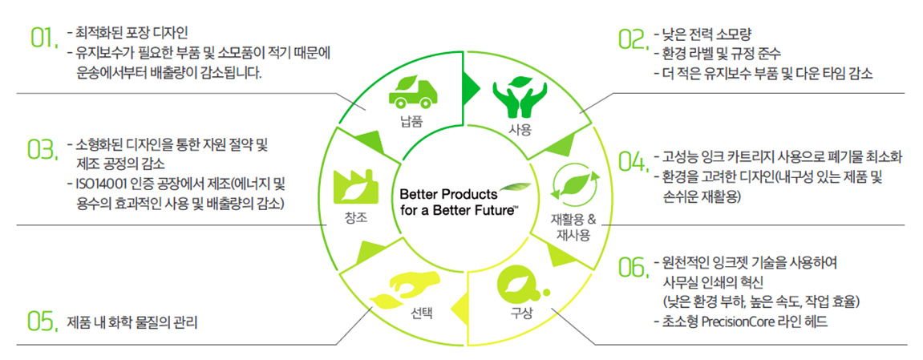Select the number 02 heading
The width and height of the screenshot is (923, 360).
pyautogui.click(x=633, y=39)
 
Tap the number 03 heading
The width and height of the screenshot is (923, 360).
pyautogui.click(x=43, y=149)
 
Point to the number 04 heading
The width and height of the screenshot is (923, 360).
pyautogui.click(x=633, y=162)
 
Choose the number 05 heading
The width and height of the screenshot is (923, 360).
pyautogui.click(x=43, y=322)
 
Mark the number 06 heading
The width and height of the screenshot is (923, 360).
pyautogui.click(x=633, y=269)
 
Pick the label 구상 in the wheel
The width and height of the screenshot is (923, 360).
pyautogui.click(x=521, y=313)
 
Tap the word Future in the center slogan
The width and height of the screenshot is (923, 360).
pyautogui.click(x=492, y=210)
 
